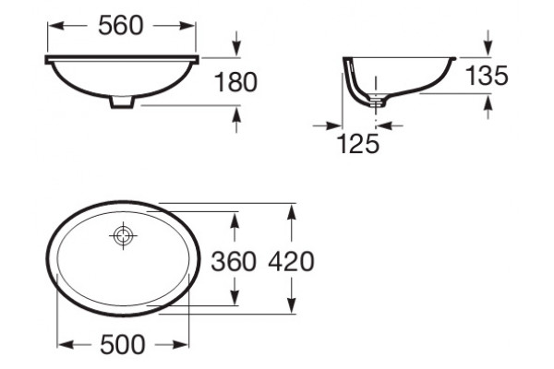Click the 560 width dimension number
point(121,26)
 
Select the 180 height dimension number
point(235,82)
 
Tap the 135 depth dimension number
point(487,76)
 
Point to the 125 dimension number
point(358,143)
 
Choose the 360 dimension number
point(234,262)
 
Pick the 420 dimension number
point(291,262)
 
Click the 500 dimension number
point(122,344)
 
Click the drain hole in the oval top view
point(123,235)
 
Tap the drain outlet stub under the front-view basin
point(122,101)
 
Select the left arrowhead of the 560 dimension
point(55,26)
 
